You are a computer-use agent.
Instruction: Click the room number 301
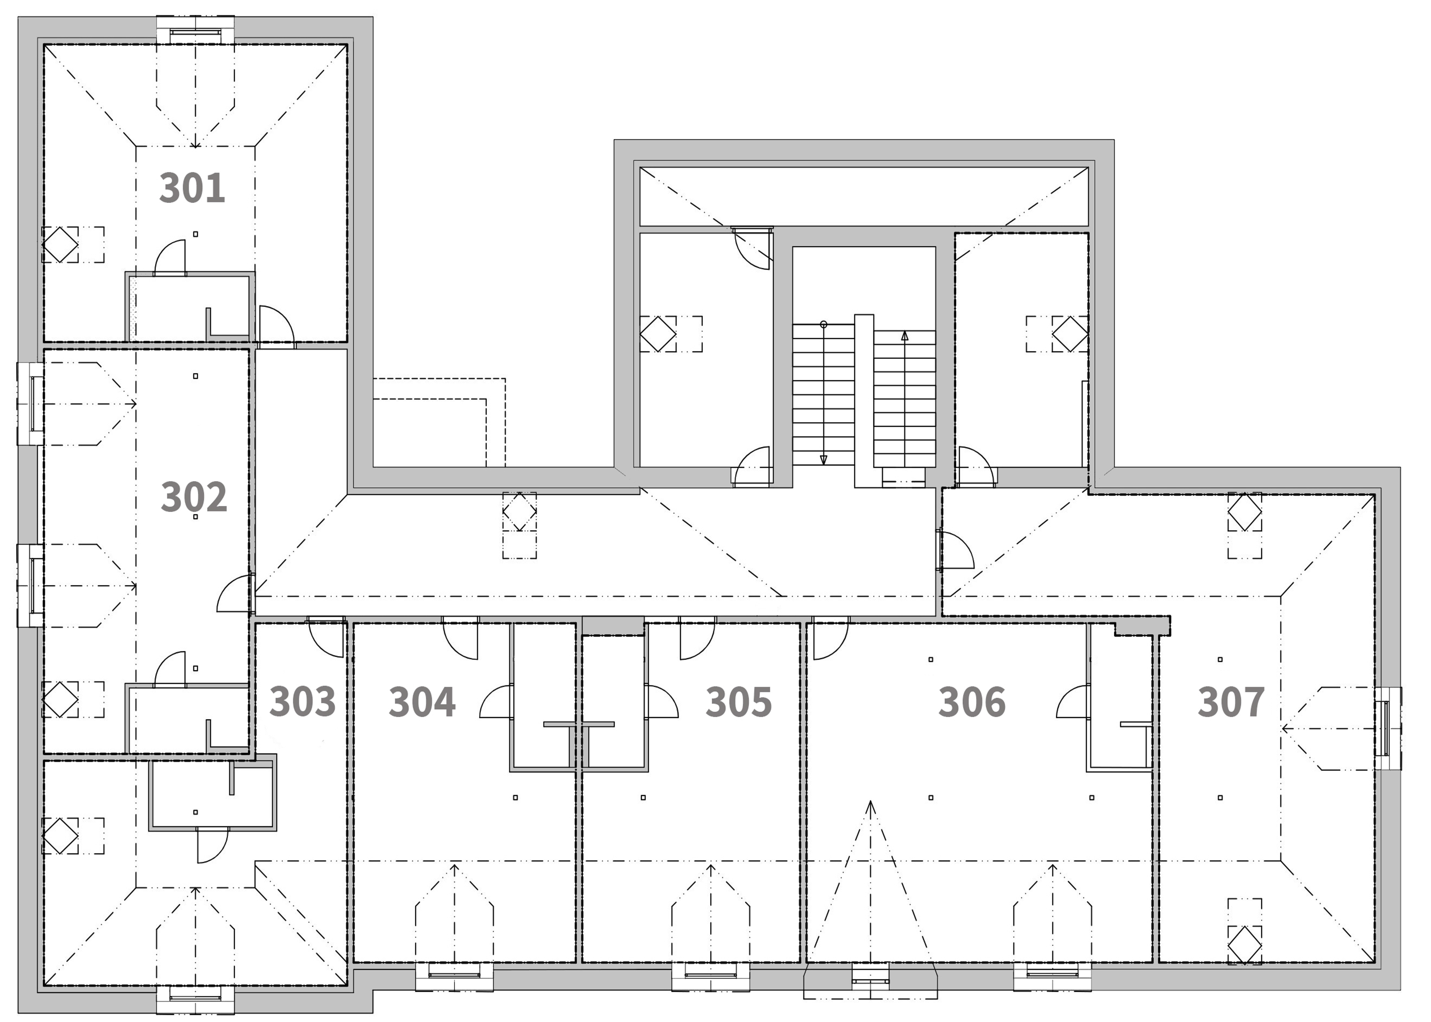click(x=192, y=187)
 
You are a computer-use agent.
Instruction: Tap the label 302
click(x=194, y=497)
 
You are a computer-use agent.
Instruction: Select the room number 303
click(x=303, y=701)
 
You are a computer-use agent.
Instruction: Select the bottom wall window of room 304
click(x=454, y=976)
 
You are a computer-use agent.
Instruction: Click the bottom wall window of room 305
click(x=711, y=976)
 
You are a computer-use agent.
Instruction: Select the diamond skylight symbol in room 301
click(x=60, y=244)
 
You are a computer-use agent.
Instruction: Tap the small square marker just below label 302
click(x=195, y=517)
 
